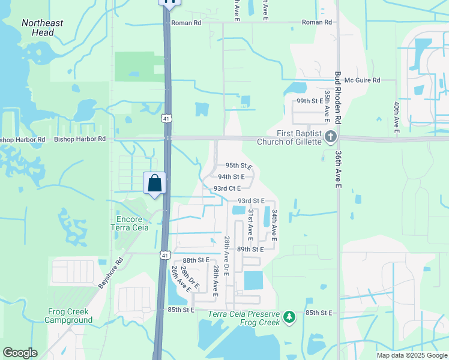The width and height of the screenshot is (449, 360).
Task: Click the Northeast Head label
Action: pyautogui.click(x=42, y=28)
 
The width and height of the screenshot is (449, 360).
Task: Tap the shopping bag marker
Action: pyautogui.click(x=154, y=183)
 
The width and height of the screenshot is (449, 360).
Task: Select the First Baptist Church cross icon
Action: pyautogui.click(x=330, y=137)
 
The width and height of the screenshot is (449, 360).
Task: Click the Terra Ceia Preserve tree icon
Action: pyautogui.click(x=289, y=317)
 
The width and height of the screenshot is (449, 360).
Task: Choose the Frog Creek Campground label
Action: pyautogui.click(x=68, y=316)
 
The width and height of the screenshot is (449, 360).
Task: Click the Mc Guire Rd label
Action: pyautogui.click(x=367, y=80)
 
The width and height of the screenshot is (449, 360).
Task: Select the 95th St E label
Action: pyautogui.click(x=238, y=166)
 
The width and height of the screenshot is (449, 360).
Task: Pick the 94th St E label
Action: pyautogui.click(x=231, y=177)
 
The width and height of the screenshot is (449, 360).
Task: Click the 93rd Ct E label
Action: pyautogui.click(x=227, y=188)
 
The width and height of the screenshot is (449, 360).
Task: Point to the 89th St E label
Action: pyautogui.click(x=250, y=249)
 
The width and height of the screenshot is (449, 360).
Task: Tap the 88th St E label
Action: pyautogui.click(x=196, y=260)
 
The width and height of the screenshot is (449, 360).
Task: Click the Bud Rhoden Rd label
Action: pyautogui.click(x=338, y=97)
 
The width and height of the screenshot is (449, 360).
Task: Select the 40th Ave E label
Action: pyautogui.click(x=397, y=116)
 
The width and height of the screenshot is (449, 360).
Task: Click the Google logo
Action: pyautogui.click(x=20, y=353)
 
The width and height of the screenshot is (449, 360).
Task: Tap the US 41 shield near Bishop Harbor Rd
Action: pyautogui.click(x=166, y=119)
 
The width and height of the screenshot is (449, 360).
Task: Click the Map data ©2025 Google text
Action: pyautogui.click(x=412, y=355)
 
